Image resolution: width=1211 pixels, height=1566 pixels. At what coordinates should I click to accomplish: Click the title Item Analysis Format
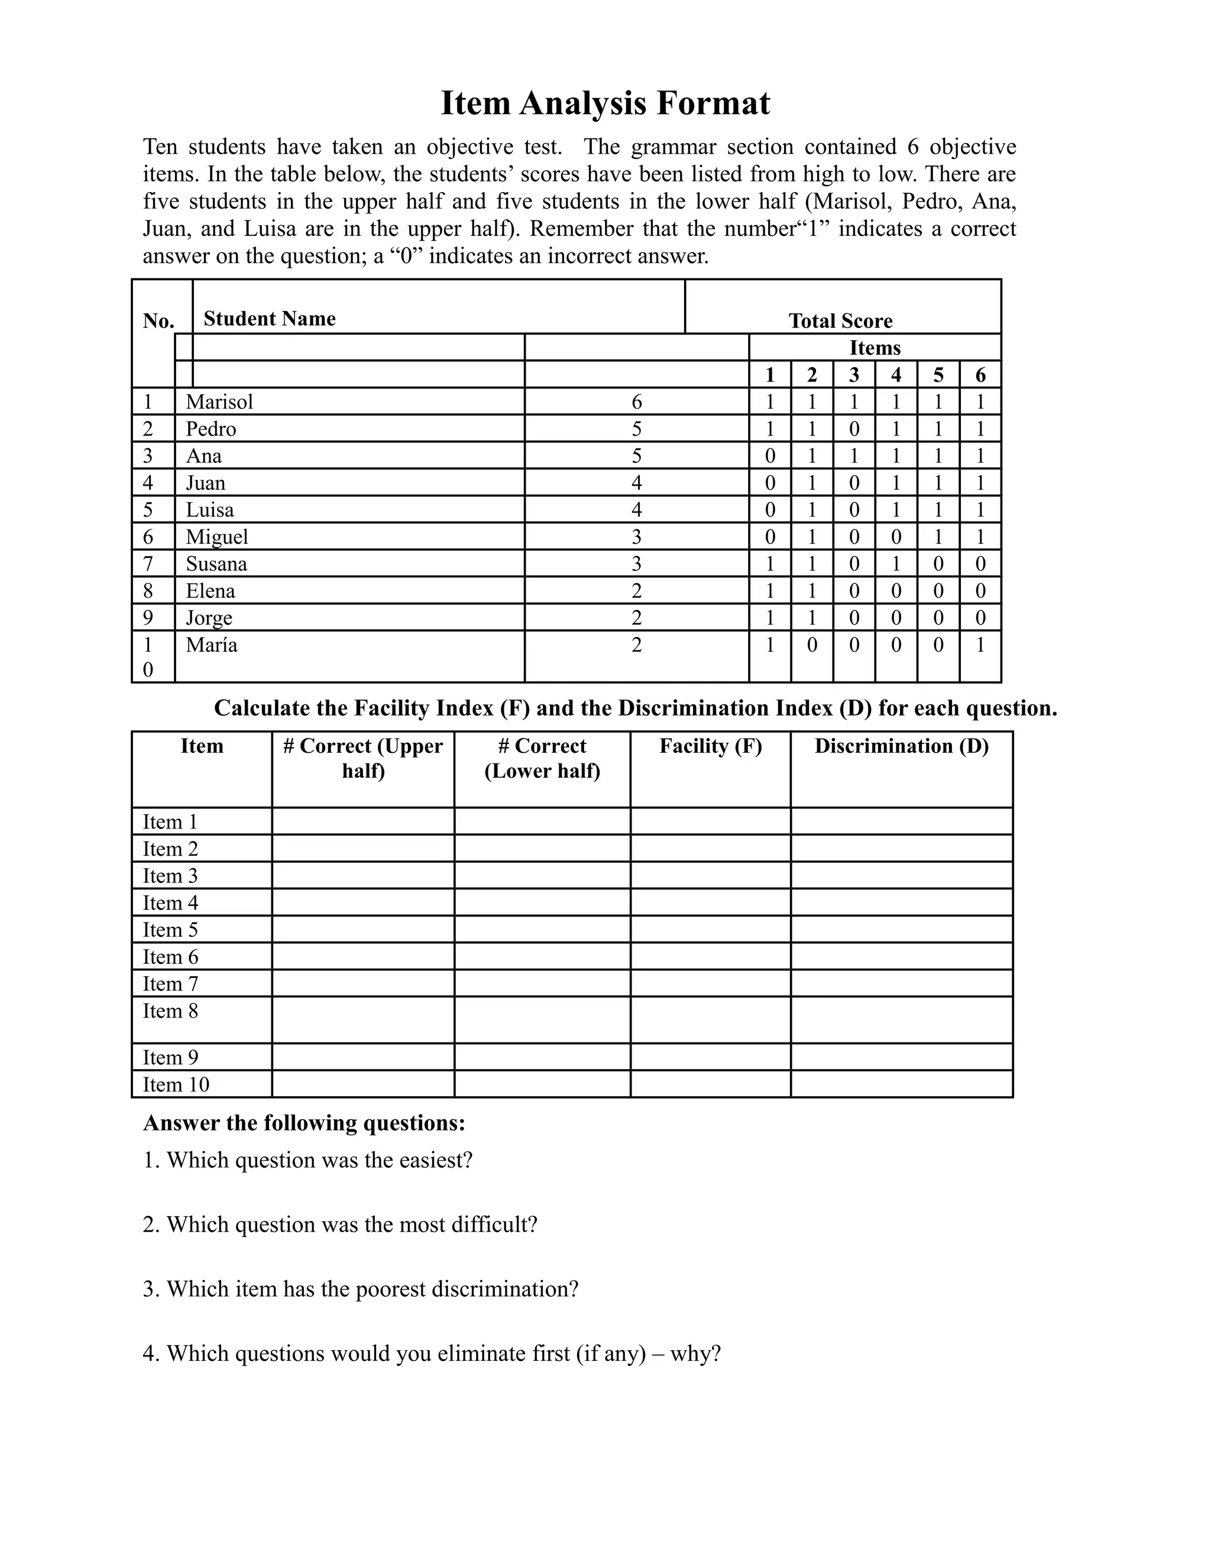605,103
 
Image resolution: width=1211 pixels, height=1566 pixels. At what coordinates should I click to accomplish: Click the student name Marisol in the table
219,401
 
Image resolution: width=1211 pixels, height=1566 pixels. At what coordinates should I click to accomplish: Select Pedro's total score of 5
636,429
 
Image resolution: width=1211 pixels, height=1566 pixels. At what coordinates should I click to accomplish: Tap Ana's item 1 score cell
770,456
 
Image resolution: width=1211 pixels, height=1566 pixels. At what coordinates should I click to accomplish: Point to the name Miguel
216,537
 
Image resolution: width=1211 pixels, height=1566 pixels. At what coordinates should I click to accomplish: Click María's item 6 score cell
980,645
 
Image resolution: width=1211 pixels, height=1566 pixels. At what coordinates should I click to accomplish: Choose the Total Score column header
840,320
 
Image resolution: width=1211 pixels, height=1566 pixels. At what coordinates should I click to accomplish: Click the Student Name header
269,319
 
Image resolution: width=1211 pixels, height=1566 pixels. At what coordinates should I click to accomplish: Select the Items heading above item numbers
875,347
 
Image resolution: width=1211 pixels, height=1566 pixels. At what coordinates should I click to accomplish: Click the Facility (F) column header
710,746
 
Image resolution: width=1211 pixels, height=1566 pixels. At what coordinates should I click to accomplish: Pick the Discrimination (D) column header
901,746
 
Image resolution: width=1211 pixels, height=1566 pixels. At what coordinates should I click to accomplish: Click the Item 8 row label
170,1011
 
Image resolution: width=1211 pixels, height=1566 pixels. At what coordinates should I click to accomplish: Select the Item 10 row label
176,1085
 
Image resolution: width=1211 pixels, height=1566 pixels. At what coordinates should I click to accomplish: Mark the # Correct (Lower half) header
542,759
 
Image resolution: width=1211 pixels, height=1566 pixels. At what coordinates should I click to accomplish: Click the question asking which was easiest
307,1160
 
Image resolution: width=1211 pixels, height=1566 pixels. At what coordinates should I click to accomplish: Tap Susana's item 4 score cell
896,564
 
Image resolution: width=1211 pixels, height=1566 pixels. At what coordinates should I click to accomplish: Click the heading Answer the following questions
304,1123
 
